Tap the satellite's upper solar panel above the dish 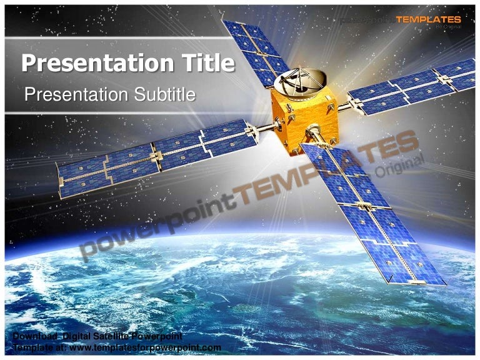coord(255,49)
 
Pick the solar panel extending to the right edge coord(412,87)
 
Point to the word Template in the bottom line coord(31,347)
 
